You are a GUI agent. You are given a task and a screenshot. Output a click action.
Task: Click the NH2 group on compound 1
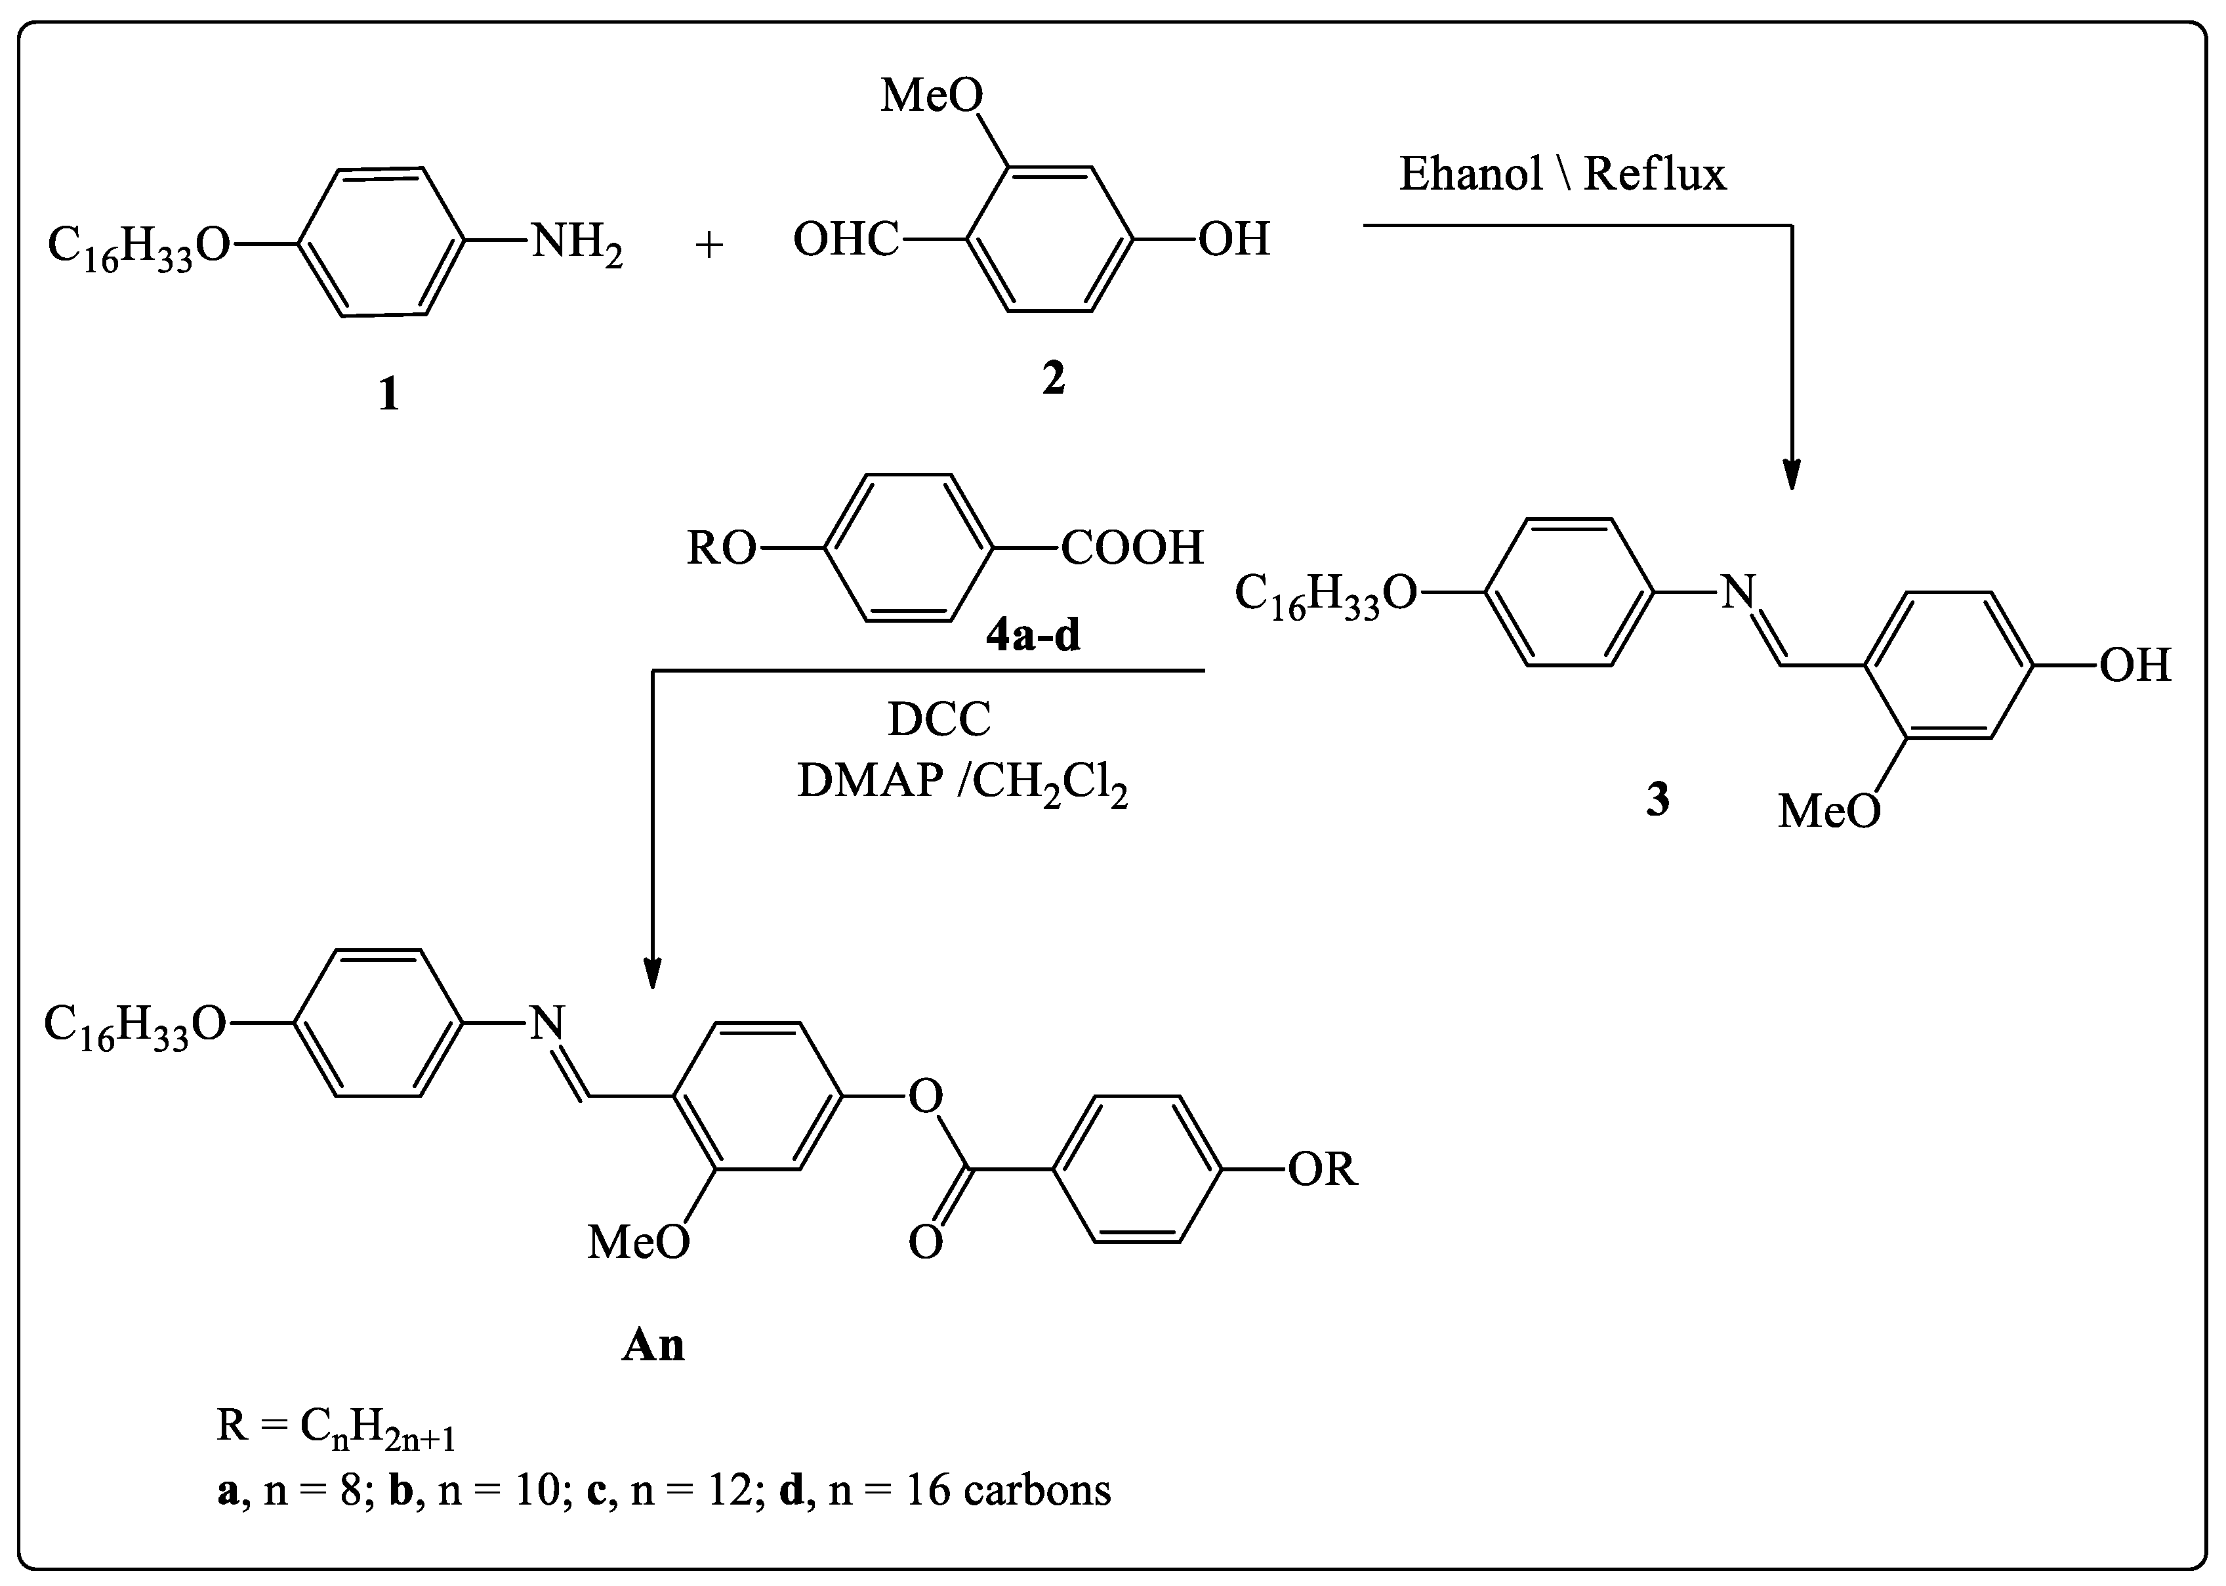[x=576, y=241]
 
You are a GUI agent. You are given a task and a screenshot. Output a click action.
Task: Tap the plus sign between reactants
[x=709, y=244]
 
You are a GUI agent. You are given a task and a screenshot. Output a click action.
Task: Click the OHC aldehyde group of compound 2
[x=846, y=240]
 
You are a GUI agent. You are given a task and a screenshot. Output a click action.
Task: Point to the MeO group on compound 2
[x=932, y=96]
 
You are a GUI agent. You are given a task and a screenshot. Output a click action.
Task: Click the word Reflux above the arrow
[x=1655, y=174]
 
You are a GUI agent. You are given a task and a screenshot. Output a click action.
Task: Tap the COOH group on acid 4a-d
[x=1132, y=548]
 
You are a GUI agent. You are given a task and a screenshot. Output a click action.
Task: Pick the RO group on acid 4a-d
[x=722, y=549]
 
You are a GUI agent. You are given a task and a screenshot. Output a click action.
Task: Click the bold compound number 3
[x=1658, y=799]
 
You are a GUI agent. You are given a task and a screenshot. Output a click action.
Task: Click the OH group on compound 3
[x=2135, y=665]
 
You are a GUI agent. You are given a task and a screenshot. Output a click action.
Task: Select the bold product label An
[x=653, y=1345]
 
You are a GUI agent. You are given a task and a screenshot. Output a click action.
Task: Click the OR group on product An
[x=1322, y=1168]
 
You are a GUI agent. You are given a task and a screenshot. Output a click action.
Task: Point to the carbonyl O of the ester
[x=926, y=1242]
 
